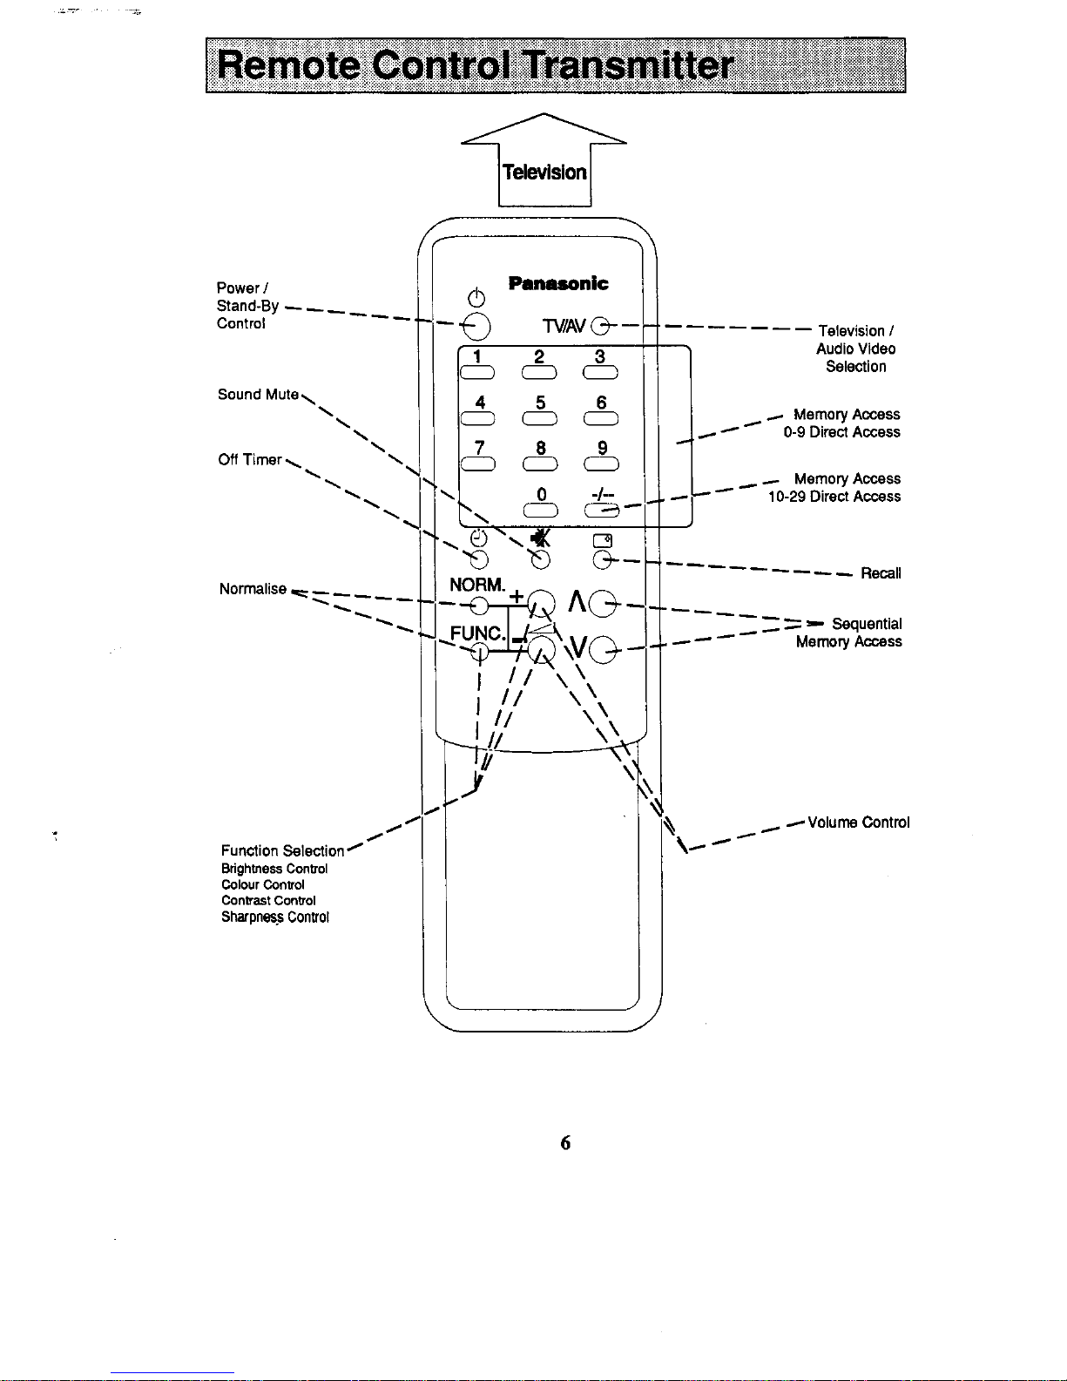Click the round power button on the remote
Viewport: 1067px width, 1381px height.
[x=476, y=327]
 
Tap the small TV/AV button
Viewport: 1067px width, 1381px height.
[x=600, y=326]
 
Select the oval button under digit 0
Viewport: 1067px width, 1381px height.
[x=541, y=510]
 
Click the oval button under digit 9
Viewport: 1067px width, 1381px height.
[x=602, y=464]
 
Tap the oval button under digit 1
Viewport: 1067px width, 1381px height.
[x=477, y=372]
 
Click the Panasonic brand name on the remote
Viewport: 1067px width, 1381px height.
[x=558, y=283]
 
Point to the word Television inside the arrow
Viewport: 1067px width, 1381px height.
[x=544, y=173]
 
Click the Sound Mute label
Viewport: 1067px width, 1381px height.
[x=258, y=395]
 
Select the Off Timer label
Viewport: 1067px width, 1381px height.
[x=250, y=459]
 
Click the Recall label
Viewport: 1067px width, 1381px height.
[x=881, y=573]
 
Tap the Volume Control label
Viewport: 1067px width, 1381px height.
[x=858, y=823]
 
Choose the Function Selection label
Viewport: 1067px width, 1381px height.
[x=282, y=850]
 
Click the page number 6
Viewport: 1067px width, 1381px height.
[x=565, y=1142]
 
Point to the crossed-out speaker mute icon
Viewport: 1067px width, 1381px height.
[x=541, y=538]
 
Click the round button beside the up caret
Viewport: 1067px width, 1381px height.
[x=603, y=603]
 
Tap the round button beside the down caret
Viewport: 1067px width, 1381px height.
[x=603, y=649]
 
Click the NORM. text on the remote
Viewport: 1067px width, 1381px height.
[x=477, y=585]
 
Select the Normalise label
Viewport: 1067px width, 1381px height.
[x=253, y=589]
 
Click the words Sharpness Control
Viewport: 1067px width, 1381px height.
[x=275, y=917]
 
